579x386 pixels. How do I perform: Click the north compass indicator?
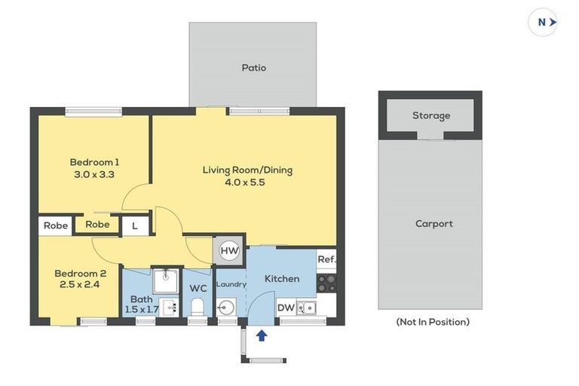click(544, 23)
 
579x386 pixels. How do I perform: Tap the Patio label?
click(253, 68)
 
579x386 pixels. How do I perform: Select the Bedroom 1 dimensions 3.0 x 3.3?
click(95, 174)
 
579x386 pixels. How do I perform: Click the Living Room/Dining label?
click(247, 170)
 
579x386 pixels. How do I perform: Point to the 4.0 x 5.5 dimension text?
click(247, 182)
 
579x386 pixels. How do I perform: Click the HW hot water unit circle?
click(228, 251)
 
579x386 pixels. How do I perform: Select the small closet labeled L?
click(135, 225)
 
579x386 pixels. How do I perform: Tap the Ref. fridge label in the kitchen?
click(326, 259)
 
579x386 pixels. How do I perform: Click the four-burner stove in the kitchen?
click(326, 283)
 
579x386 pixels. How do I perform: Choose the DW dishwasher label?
click(286, 307)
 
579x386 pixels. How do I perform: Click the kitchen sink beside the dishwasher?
click(307, 307)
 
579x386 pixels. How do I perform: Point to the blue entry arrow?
click(262, 335)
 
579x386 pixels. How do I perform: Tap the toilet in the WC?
click(198, 307)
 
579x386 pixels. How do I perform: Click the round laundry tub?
click(226, 308)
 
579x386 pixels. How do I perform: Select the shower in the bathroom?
click(164, 281)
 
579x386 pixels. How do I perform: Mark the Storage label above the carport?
click(431, 115)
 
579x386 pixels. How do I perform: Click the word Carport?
click(434, 224)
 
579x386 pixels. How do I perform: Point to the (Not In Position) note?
click(433, 322)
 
